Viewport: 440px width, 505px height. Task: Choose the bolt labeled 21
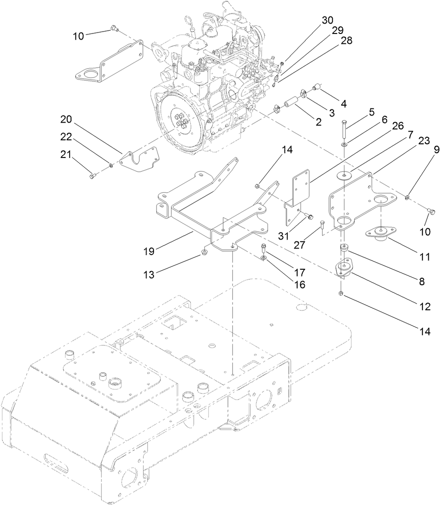(92, 176)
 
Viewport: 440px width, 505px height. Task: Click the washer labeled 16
(263, 257)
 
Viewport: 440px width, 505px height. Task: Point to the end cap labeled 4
(318, 87)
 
